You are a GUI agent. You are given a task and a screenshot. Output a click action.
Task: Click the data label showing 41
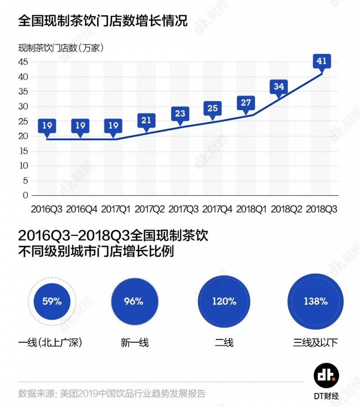[322, 61]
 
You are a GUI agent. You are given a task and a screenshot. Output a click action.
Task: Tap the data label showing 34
[279, 86]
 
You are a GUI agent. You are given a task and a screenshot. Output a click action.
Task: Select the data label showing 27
[246, 103]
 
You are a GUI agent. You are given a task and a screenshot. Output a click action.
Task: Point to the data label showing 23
[180, 114]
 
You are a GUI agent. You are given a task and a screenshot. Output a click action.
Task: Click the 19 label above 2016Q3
[47, 125]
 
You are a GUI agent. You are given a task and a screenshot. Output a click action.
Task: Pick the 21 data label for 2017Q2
[147, 119]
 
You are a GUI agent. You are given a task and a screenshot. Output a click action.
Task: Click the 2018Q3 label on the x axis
[321, 209]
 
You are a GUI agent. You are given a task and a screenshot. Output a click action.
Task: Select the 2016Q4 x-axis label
[81, 209]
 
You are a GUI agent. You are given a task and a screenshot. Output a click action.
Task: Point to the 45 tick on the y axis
[23, 62]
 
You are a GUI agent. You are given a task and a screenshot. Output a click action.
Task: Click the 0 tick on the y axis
[26, 195]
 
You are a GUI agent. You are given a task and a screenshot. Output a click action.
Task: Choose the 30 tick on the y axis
[23, 107]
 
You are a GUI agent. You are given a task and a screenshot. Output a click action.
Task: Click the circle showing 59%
[51, 301]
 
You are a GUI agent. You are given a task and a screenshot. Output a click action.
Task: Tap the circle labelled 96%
[134, 301]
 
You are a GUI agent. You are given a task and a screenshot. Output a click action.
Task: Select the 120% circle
[224, 301]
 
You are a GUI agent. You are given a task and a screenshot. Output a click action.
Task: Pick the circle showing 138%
[315, 301]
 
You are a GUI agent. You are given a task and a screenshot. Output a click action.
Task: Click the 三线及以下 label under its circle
[315, 343]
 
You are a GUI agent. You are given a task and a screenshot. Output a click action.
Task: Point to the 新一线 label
[134, 343]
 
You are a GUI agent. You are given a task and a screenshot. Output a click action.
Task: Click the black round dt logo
[326, 375]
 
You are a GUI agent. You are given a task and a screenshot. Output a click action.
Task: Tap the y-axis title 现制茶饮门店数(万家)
[61, 48]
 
